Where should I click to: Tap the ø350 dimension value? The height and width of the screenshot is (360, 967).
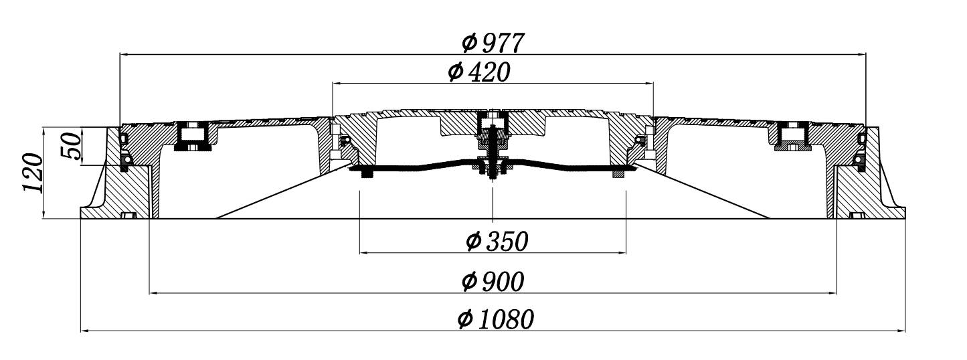coord(497,241)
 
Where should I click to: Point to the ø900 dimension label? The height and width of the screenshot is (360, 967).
coord(493,282)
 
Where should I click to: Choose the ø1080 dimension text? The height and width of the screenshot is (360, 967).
coord(496,319)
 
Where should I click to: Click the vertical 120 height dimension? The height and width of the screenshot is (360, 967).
coord(33,173)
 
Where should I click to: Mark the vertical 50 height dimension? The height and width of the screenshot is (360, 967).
coord(71,146)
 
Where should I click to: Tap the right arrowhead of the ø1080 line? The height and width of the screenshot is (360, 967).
coord(901,331)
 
